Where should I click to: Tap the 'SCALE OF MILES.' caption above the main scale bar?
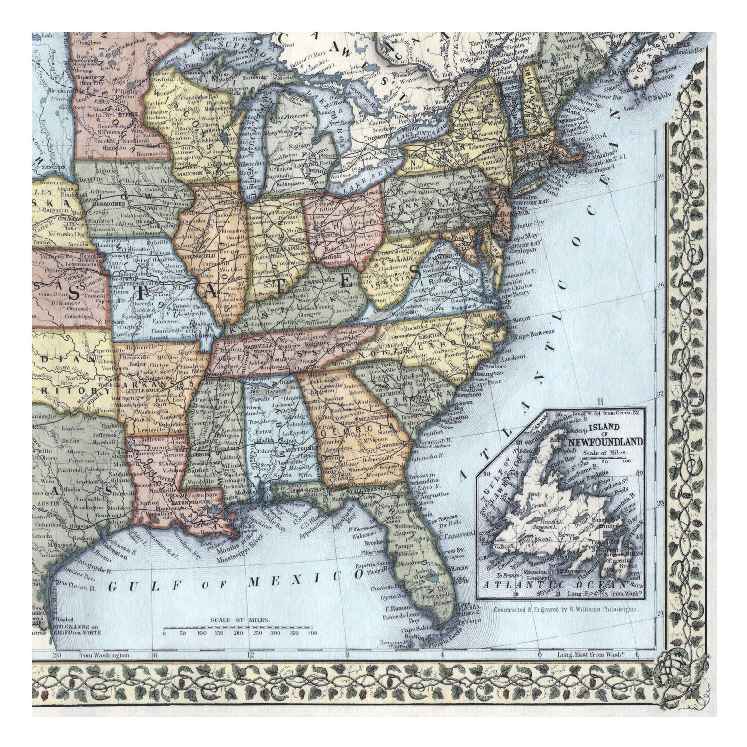coord(241,620)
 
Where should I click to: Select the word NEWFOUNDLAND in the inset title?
coord(605,442)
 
